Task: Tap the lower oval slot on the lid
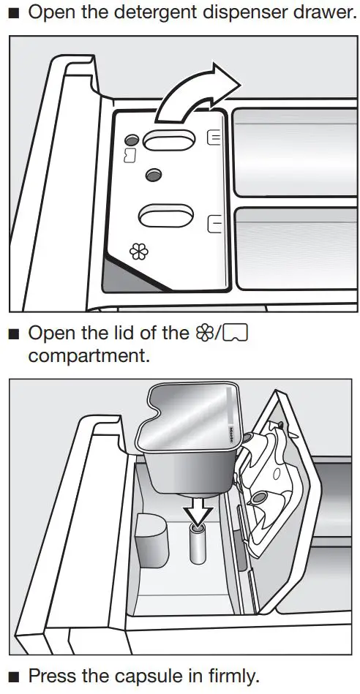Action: point(166,216)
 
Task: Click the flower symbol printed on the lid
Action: point(138,252)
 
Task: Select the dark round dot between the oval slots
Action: point(153,175)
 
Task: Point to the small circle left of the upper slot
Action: point(131,140)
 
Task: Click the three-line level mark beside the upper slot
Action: point(214,137)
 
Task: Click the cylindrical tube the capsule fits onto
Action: point(198,546)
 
